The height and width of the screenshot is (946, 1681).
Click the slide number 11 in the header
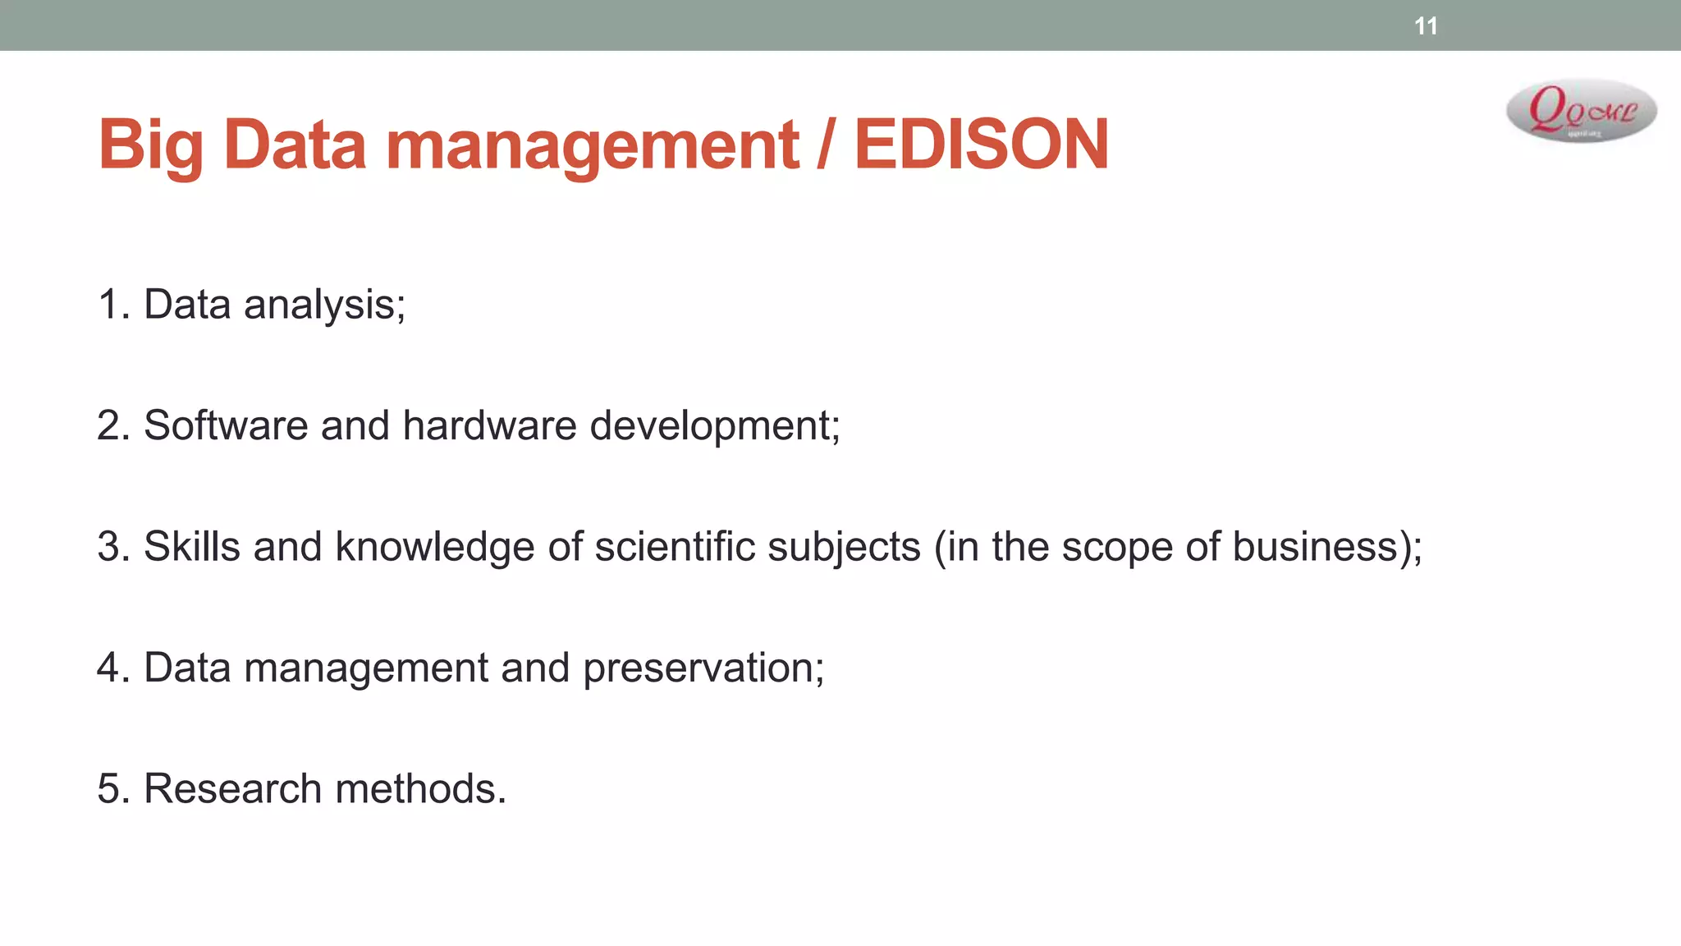(x=1426, y=26)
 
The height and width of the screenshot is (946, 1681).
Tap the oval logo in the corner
(x=1581, y=111)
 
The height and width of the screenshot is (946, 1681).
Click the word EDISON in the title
(x=981, y=145)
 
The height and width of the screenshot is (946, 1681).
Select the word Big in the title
(x=150, y=145)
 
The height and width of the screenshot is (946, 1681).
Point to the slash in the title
(x=826, y=145)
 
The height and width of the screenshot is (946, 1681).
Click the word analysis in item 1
(x=324, y=305)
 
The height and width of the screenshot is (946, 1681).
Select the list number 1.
(x=110, y=305)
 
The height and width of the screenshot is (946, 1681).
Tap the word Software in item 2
(x=226, y=425)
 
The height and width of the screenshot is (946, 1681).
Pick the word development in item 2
(x=714, y=425)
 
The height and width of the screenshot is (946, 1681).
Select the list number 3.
(x=110, y=547)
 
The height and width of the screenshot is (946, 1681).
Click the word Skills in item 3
(x=192, y=547)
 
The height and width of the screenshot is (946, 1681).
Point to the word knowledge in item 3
(x=434, y=547)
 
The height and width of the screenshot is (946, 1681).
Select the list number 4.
(x=110, y=668)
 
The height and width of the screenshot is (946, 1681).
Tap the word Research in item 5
(x=232, y=788)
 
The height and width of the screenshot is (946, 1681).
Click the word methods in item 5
(x=420, y=788)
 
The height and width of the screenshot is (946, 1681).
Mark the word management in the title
(x=592, y=145)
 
